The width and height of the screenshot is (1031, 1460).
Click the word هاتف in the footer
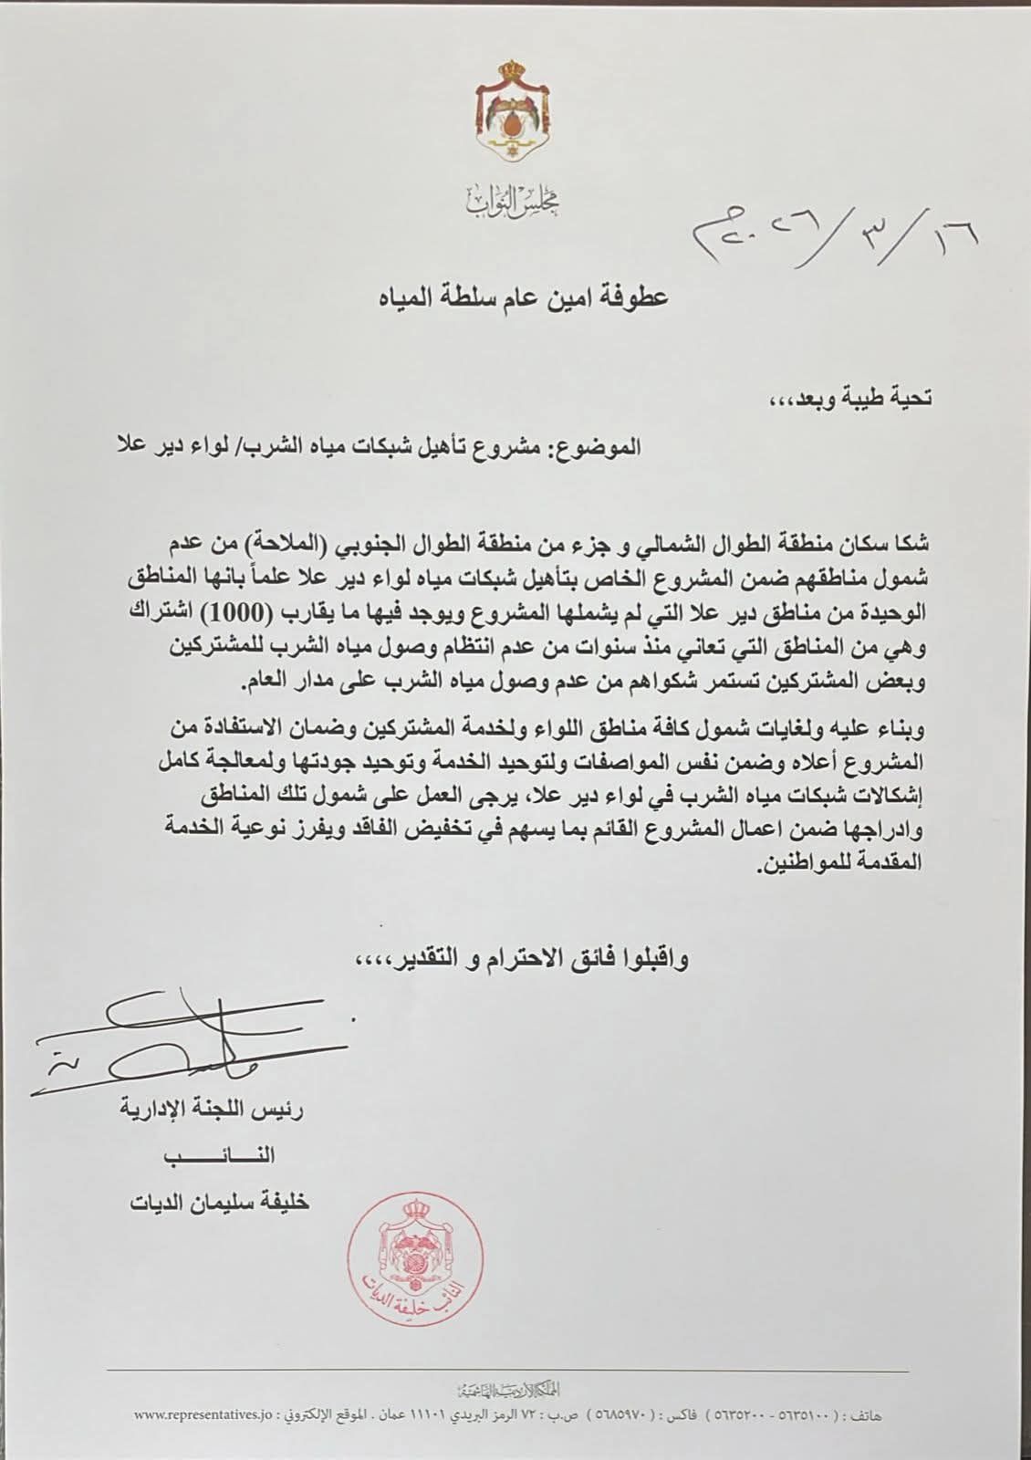(x=872, y=1417)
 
